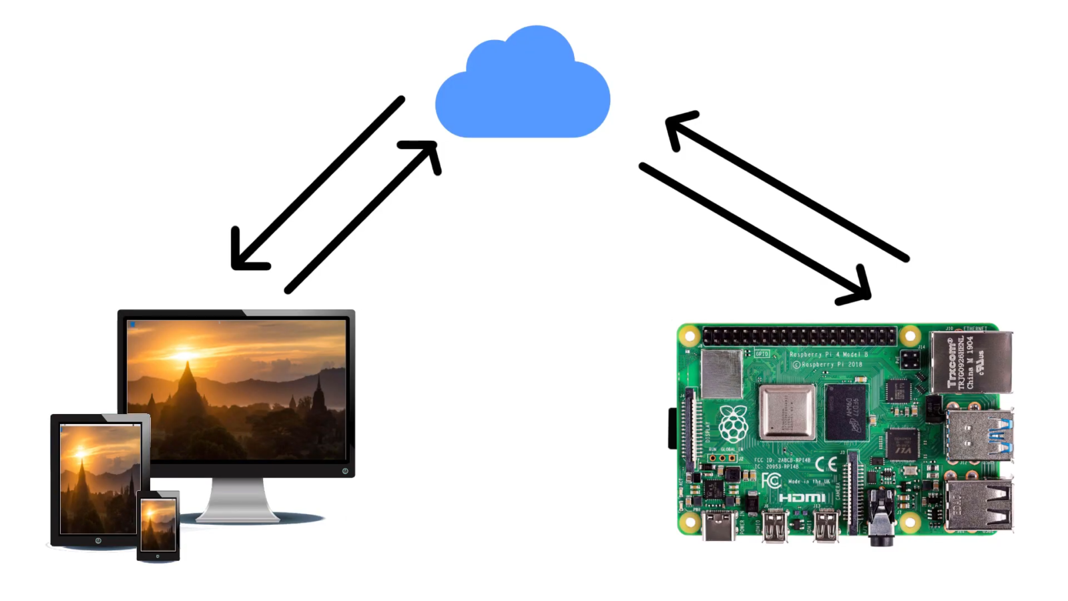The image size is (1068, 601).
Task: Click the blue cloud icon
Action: (522, 90)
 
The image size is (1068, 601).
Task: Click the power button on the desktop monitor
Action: (345, 471)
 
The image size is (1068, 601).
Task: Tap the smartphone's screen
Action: (158, 524)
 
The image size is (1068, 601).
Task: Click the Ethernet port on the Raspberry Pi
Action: (971, 361)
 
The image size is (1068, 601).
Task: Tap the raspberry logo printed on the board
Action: (732, 424)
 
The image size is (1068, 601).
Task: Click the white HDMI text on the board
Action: (802, 497)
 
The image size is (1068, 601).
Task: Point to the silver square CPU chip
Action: (788, 411)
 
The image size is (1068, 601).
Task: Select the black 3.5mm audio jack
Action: (881, 524)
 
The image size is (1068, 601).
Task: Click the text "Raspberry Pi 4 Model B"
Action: (828, 354)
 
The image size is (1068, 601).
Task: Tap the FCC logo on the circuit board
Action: (771, 480)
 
